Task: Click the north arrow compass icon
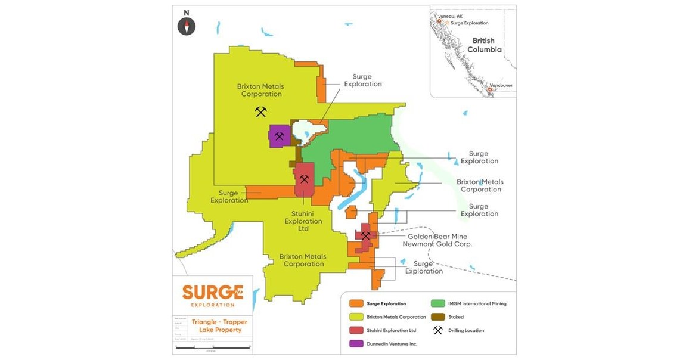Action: click(187, 26)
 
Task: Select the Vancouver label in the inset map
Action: click(500, 85)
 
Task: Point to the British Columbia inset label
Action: click(484, 45)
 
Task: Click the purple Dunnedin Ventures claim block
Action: click(279, 136)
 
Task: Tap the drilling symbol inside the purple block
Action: click(279, 136)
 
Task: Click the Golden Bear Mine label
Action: click(437, 237)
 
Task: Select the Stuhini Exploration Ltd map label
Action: click(303, 221)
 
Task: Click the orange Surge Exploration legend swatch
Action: click(356, 304)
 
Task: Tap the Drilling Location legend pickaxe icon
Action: click(439, 330)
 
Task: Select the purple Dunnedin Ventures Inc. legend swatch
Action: click(356, 343)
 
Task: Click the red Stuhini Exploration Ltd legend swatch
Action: click(356, 330)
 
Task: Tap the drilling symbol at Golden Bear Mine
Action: click(365, 235)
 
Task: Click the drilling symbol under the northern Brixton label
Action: click(260, 111)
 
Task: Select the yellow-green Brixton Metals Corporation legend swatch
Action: click(356, 317)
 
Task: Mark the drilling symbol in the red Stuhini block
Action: click(304, 179)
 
